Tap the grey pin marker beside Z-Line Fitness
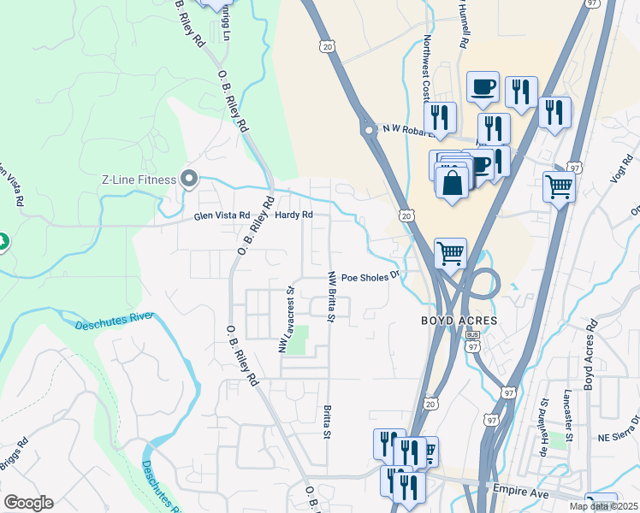(x=190, y=180)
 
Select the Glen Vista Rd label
(x=222, y=215)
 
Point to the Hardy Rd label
(x=293, y=215)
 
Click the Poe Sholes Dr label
(x=370, y=277)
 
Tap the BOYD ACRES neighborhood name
(x=459, y=321)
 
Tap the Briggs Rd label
(x=15, y=457)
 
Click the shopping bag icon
(x=452, y=183)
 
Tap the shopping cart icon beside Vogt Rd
(x=559, y=186)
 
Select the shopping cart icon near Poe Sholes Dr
(x=450, y=252)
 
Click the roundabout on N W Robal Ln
(x=369, y=132)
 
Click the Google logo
(x=28, y=503)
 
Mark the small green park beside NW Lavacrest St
(x=297, y=345)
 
